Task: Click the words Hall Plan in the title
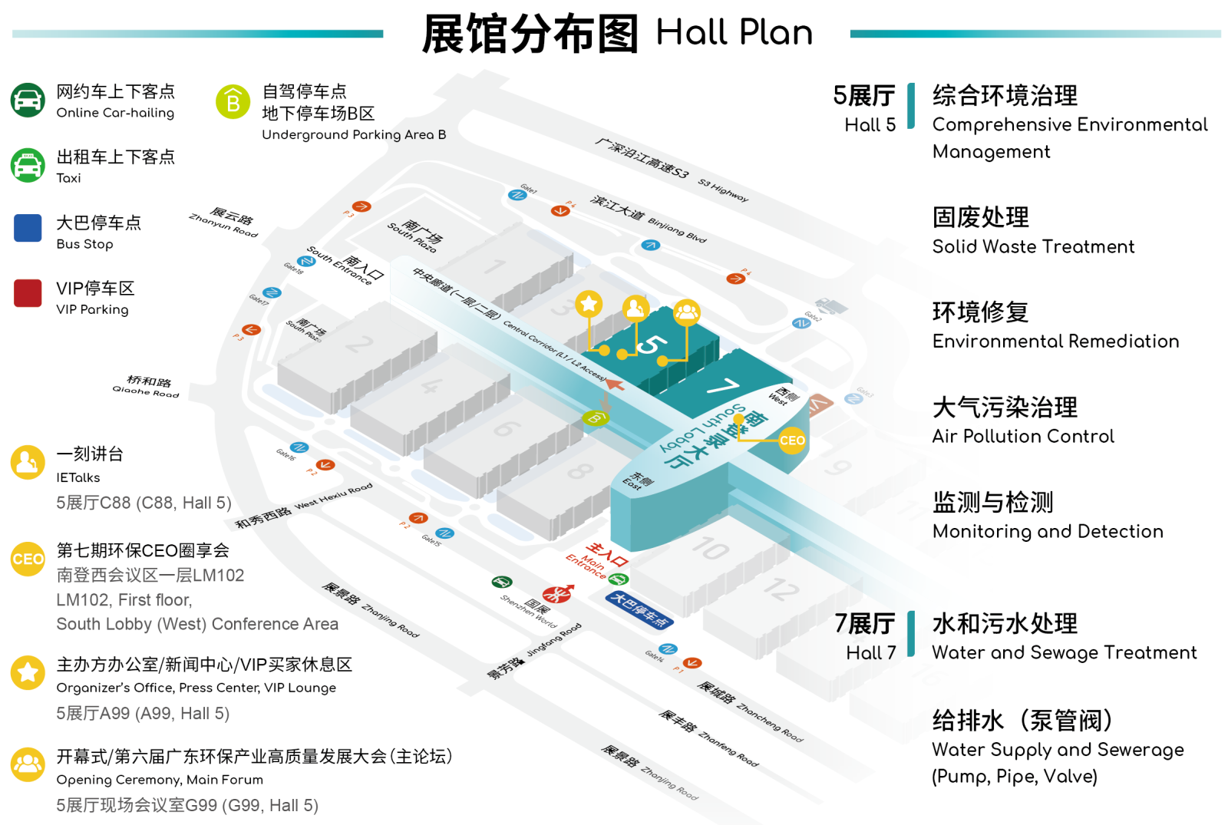click(734, 33)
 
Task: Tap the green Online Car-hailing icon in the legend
click(28, 101)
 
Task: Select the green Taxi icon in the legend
click(28, 165)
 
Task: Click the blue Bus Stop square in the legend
click(28, 228)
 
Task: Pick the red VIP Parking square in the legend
click(28, 293)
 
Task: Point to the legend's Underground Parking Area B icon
click(233, 101)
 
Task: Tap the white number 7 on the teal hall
click(722, 387)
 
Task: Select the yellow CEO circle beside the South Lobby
click(791, 441)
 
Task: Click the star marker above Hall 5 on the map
click(589, 304)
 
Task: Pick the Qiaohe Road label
click(147, 386)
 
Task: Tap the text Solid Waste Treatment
click(1032, 246)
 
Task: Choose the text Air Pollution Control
click(1022, 436)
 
